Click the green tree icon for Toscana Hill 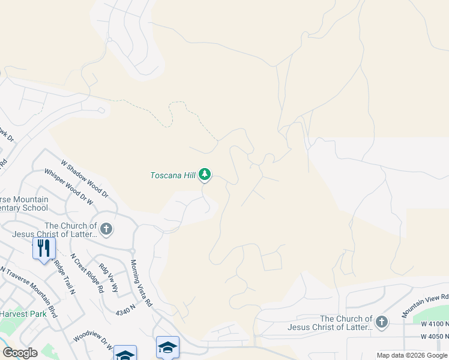pos(205,175)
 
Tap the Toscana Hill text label pos(173,175)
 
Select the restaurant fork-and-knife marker pos(44,248)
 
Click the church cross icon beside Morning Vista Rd pos(106,228)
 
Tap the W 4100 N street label pos(435,324)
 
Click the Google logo pos(20,353)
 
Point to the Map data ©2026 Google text pos(412,355)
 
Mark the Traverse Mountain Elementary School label pos(24,203)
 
